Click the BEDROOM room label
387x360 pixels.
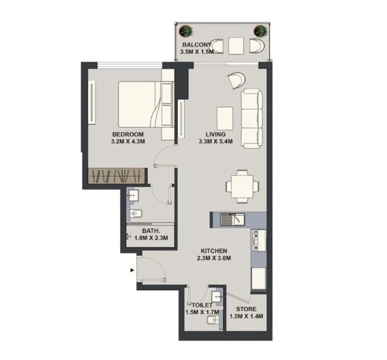tap(128, 135)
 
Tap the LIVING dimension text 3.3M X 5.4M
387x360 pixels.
tap(215, 141)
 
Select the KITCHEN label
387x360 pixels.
tap(214, 251)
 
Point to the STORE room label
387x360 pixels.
tap(246, 309)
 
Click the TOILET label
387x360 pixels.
tap(202, 305)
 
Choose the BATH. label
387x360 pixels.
tap(151, 231)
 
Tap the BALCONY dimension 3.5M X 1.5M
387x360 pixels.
tap(196, 52)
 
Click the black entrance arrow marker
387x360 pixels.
tap(132, 270)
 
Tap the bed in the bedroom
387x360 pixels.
tap(145, 104)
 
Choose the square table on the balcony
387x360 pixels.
tap(236, 46)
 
